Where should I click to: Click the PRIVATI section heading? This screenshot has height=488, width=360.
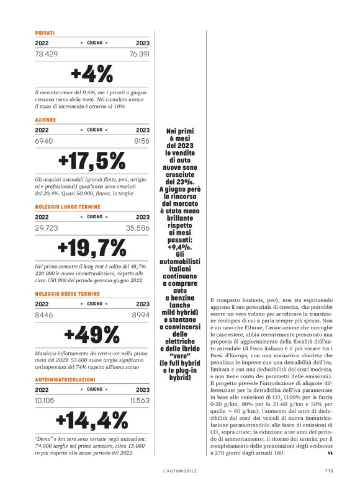(45, 32)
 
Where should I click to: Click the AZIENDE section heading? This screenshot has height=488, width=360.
(46, 119)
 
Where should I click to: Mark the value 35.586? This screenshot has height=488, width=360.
(139, 229)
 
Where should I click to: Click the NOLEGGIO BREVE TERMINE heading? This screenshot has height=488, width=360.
(66, 293)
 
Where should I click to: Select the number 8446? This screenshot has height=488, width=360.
(43, 315)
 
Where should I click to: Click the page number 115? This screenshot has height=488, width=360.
(329, 470)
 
